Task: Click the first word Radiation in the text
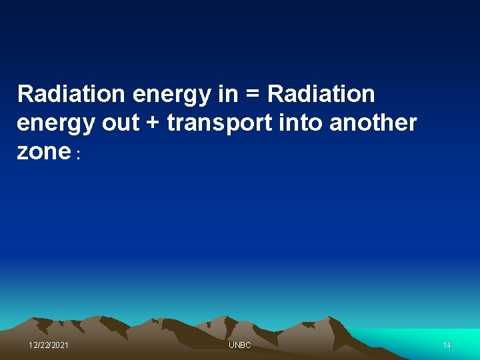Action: (72, 95)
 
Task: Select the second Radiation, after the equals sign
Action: (321, 95)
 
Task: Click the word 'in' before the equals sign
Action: (227, 95)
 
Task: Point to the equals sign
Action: (252, 95)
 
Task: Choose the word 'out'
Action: (118, 123)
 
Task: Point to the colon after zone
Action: (79, 155)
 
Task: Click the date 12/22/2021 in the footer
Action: (49, 345)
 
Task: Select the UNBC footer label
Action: (240, 345)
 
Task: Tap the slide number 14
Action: (447, 345)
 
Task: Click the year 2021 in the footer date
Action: (59, 345)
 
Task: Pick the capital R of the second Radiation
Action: (275, 95)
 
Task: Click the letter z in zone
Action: (23, 153)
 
